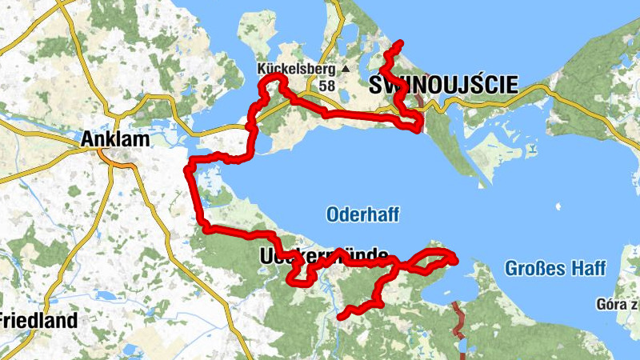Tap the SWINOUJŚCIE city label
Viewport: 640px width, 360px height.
442,84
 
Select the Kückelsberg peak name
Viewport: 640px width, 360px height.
296,69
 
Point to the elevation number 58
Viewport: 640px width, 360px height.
326,85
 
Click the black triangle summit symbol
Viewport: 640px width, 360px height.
346,69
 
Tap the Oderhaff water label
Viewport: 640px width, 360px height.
362,214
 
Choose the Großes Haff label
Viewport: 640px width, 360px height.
554,269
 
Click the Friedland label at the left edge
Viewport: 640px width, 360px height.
38,321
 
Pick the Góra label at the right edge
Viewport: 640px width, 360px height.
617,304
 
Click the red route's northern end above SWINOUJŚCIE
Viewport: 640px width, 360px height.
400,42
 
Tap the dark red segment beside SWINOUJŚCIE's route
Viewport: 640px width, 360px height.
418,100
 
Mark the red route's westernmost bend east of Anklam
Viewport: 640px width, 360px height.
189,169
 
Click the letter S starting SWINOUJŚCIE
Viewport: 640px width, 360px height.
374,84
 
